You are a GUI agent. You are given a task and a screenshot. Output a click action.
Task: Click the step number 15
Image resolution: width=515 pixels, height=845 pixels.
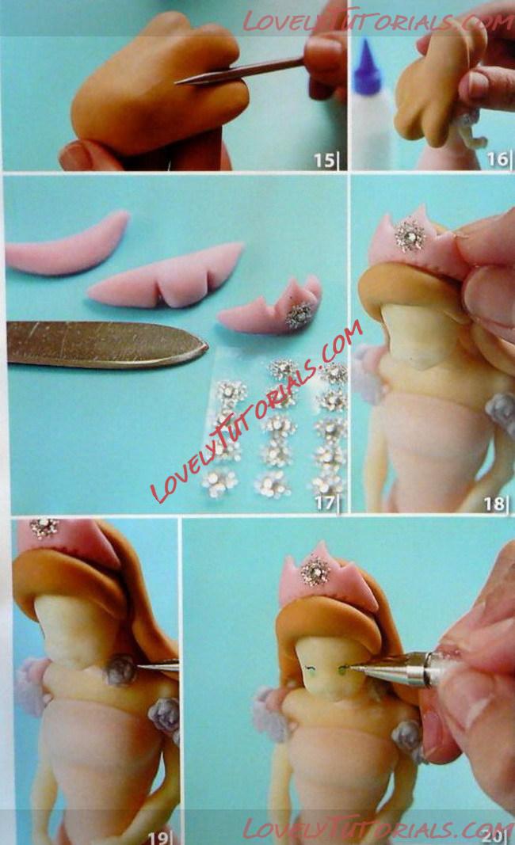tap(325, 160)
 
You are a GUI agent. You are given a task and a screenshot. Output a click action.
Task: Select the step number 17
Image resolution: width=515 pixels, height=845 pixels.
tap(325, 502)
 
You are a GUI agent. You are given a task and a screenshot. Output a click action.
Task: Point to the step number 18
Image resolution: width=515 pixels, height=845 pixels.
tap(494, 504)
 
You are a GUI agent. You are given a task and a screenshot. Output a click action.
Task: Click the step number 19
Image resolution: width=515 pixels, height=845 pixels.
tap(158, 837)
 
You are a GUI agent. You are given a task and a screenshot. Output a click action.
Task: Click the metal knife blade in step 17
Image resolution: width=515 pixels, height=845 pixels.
tap(107, 344)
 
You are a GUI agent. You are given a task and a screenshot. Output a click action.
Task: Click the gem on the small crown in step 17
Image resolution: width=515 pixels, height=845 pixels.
tap(299, 315)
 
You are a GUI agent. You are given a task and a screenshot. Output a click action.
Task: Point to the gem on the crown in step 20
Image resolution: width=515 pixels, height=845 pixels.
tap(315, 571)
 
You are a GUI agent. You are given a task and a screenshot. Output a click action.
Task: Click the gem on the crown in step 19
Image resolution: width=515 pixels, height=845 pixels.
tap(44, 527)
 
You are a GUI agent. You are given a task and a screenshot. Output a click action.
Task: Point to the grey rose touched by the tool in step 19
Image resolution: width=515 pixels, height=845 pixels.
tap(120, 670)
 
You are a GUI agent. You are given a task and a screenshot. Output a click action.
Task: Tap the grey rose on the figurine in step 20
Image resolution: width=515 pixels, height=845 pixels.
tap(406, 737)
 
